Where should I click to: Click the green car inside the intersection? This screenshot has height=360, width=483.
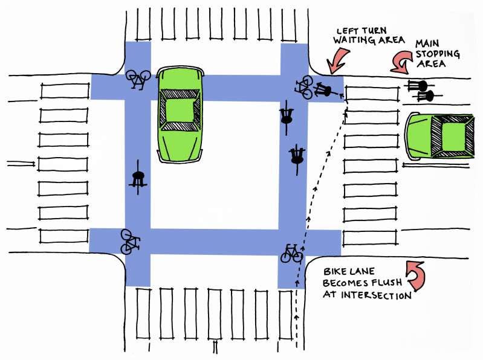point(180,114)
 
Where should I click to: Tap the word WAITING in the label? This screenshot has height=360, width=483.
point(354,40)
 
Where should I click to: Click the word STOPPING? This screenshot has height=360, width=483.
point(438,54)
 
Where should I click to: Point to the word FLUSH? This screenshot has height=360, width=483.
point(387,283)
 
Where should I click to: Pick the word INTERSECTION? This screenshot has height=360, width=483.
point(376,295)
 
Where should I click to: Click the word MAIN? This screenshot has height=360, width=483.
point(427,43)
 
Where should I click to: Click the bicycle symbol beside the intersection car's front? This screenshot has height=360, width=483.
point(138,79)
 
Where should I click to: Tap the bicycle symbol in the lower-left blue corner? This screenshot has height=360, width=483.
point(131,242)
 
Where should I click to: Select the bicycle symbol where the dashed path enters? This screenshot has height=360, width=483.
point(292,253)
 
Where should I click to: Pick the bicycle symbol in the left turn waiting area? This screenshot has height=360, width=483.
point(304,87)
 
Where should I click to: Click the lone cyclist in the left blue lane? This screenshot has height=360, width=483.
point(138,178)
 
